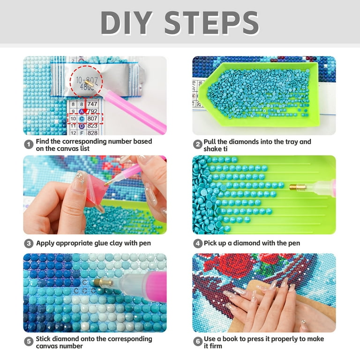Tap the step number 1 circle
pyautogui.click(x=29, y=144)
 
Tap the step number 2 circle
pyautogui.click(x=198, y=144)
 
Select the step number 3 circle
pyautogui.click(x=29, y=243)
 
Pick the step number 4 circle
pyautogui.click(x=198, y=243)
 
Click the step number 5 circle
pyautogui.click(x=29, y=342)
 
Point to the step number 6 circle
pyautogui.click(x=198, y=342)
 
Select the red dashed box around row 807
pyautogui.click(x=86, y=119)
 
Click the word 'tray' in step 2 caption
pyautogui.click(x=289, y=142)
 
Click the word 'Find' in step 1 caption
pyautogui.click(x=45, y=141)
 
